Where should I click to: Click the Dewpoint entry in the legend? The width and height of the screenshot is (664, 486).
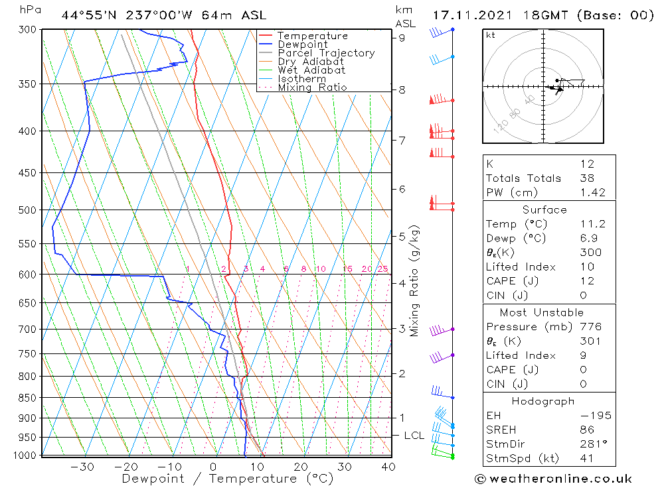[x=302, y=44]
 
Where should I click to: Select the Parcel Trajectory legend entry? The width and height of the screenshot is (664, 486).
[x=326, y=53]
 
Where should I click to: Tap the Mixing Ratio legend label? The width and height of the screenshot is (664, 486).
[x=312, y=88]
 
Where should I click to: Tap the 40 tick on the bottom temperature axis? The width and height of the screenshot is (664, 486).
[x=388, y=467]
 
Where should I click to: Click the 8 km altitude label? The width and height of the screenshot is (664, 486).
[x=402, y=90]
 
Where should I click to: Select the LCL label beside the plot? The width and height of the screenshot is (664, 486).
[x=414, y=436]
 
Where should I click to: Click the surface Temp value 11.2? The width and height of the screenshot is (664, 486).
[x=590, y=224]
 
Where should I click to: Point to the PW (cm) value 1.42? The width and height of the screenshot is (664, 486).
[x=592, y=192]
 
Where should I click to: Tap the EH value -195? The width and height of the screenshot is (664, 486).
[x=593, y=416]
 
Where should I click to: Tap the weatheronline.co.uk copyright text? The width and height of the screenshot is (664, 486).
[x=553, y=479]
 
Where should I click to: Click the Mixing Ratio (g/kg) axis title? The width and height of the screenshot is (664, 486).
[x=415, y=281]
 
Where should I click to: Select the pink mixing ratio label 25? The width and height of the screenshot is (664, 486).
[x=382, y=269]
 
